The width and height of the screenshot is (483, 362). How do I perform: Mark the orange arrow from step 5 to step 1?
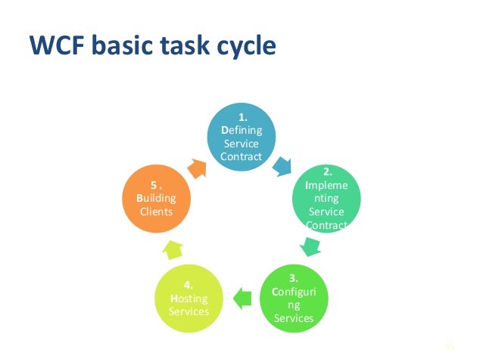click(x=197, y=166)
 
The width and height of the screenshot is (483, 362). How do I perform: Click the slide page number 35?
click(x=447, y=347)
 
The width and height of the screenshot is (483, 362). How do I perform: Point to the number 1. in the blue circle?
click(x=242, y=118)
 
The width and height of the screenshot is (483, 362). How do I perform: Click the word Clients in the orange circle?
click(x=156, y=212)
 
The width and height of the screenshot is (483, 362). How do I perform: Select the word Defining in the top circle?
click(x=241, y=130)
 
